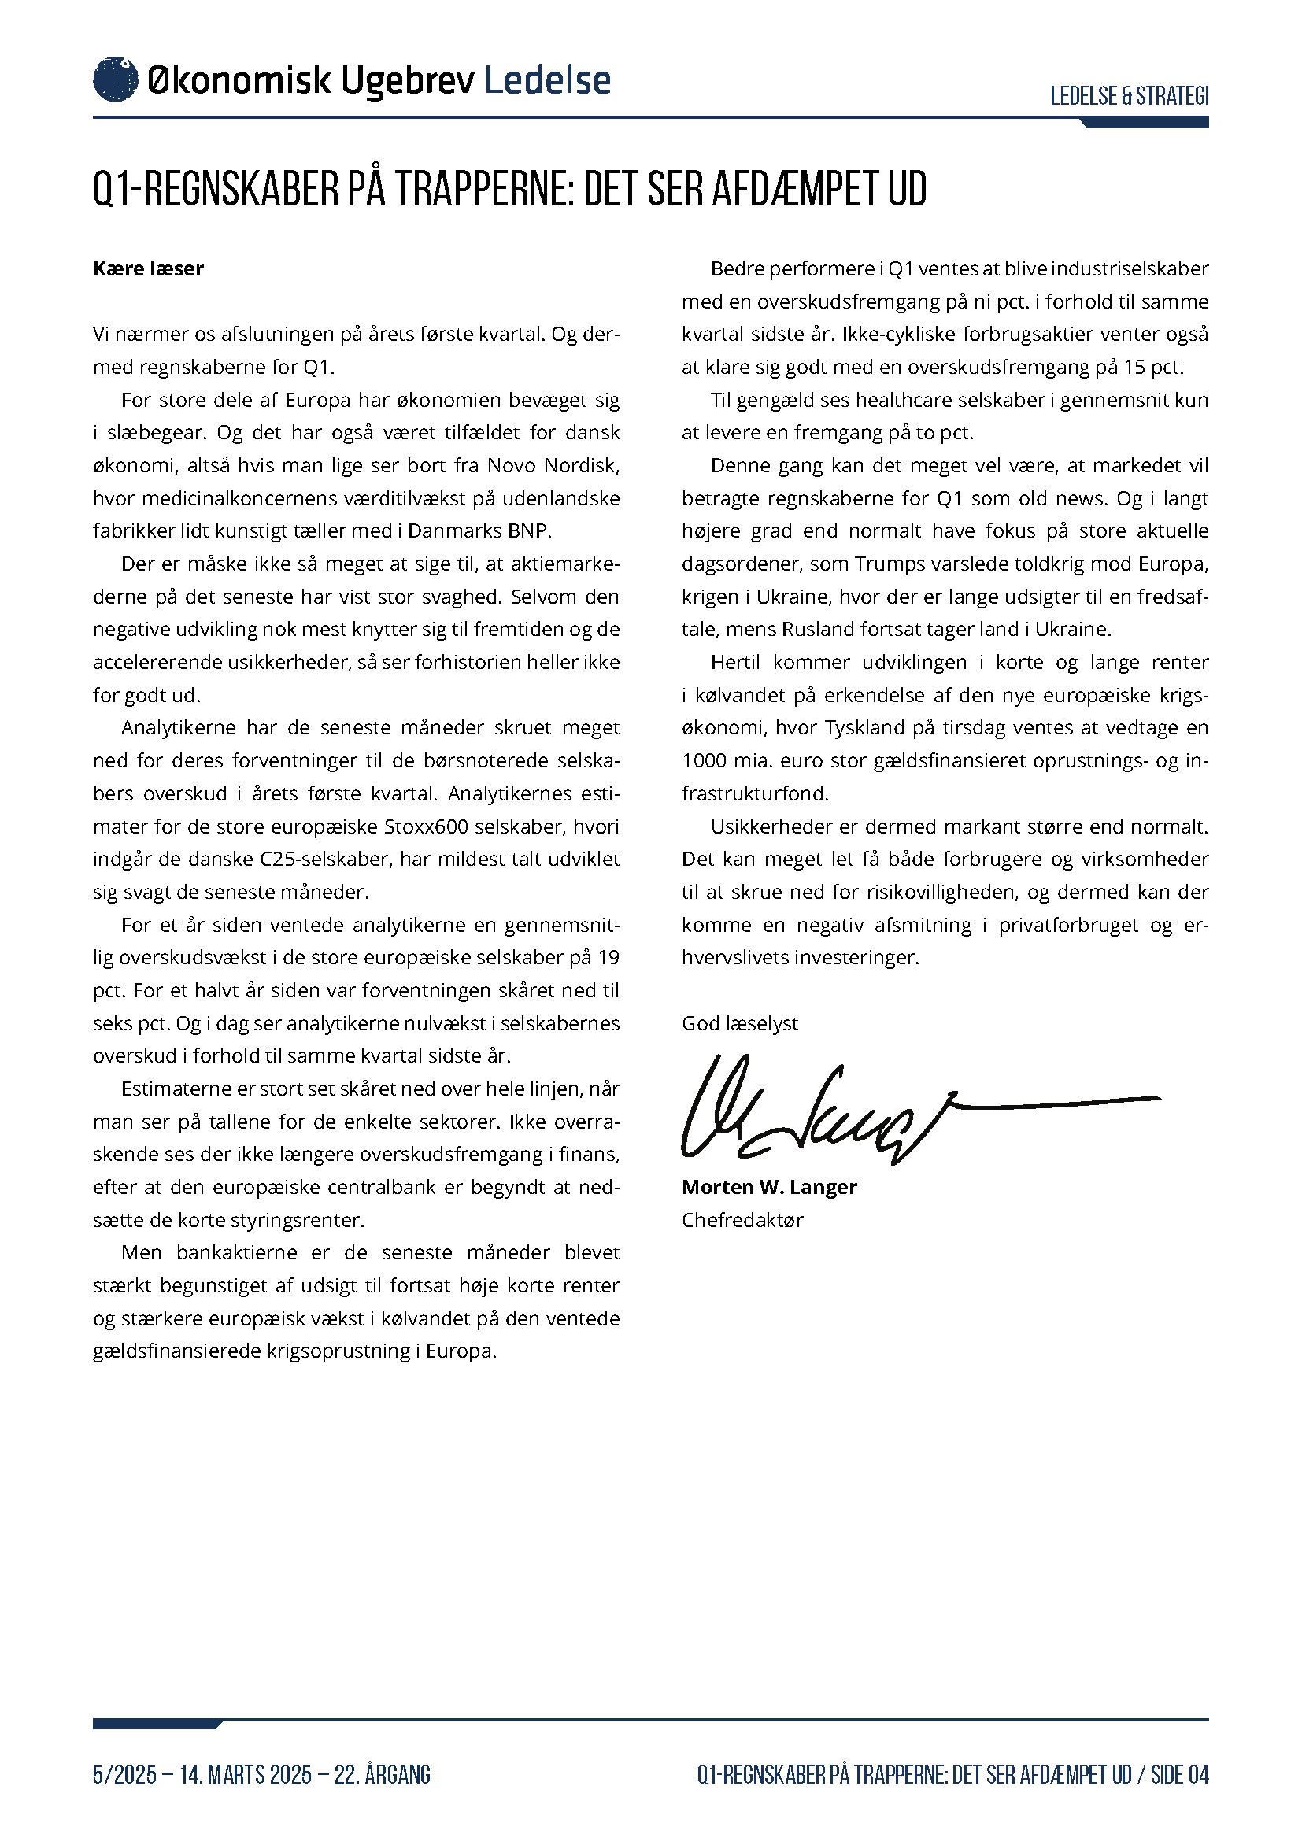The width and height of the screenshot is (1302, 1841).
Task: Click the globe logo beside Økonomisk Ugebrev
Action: pyautogui.click(x=116, y=79)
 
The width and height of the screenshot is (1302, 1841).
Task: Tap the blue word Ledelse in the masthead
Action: pyautogui.click(x=548, y=80)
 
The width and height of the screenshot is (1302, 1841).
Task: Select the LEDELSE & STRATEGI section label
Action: pyautogui.click(x=1129, y=96)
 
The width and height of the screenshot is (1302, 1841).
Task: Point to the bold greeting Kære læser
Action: pyautogui.click(x=148, y=268)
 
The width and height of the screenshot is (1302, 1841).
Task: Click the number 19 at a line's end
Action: pyautogui.click(x=608, y=957)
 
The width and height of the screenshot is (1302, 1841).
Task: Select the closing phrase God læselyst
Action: pyautogui.click(x=740, y=1024)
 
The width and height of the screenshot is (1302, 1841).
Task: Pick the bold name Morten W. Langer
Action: pyautogui.click(x=769, y=1188)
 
